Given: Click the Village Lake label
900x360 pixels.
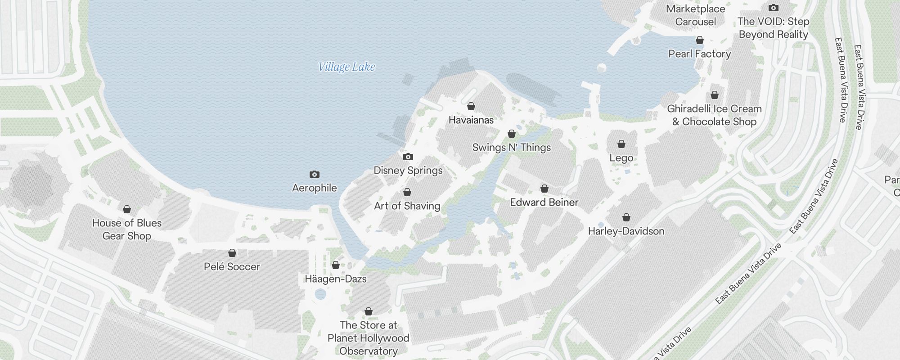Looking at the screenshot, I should [x=346, y=67].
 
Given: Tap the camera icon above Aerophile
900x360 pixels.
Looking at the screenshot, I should [x=314, y=175].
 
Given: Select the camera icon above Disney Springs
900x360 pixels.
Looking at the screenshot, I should [x=408, y=157].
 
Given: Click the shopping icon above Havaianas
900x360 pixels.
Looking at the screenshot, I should [x=471, y=107].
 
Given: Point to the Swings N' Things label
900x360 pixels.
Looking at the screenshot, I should [x=511, y=148].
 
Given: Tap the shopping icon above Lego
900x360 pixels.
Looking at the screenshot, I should [x=621, y=144].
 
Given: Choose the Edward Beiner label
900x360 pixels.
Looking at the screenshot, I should [x=544, y=202].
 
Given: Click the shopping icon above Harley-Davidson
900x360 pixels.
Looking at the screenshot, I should [x=626, y=218].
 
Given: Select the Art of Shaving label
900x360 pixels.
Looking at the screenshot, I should [x=407, y=206].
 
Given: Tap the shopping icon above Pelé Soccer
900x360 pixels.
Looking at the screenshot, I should [x=232, y=253].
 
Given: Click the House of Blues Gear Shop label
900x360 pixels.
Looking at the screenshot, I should [x=127, y=229].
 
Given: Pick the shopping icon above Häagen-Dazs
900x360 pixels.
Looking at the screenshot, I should [x=336, y=265].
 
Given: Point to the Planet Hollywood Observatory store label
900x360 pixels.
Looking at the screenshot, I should [x=369, y=338].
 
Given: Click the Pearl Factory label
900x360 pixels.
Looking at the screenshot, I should [x=699, y=54].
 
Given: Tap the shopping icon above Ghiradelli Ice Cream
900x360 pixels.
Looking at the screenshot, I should [x=715, y=95].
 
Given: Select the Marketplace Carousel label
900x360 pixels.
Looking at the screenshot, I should [x=696, y=15].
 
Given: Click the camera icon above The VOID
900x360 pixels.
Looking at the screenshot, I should [x=774, y=8].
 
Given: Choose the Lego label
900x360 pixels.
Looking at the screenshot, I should [x=621, y=158].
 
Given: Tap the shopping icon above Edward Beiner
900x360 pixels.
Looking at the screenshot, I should [x=544, y=189].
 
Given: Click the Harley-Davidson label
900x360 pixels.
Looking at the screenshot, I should [x=626, y=231].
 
